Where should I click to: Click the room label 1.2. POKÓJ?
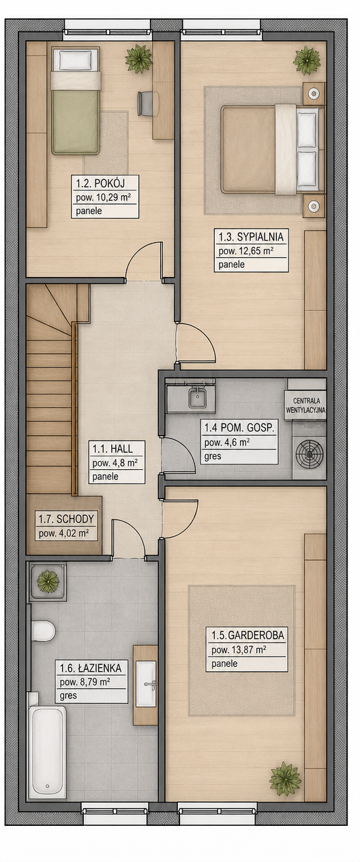[101, 183]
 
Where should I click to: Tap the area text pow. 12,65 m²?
[245, 251]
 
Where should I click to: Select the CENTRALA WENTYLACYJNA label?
[305, 406]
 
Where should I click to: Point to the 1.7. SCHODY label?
[66, 519]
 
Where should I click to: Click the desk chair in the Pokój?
[145, 104]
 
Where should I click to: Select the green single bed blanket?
[76, 121]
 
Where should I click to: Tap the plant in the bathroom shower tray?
[48, 581]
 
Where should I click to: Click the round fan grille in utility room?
[310, 453]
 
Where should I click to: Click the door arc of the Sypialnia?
[202, 336]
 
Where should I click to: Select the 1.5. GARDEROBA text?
[247, 635]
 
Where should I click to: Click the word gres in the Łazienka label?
[68, 696]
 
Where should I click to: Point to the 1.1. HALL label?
[112, 449]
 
